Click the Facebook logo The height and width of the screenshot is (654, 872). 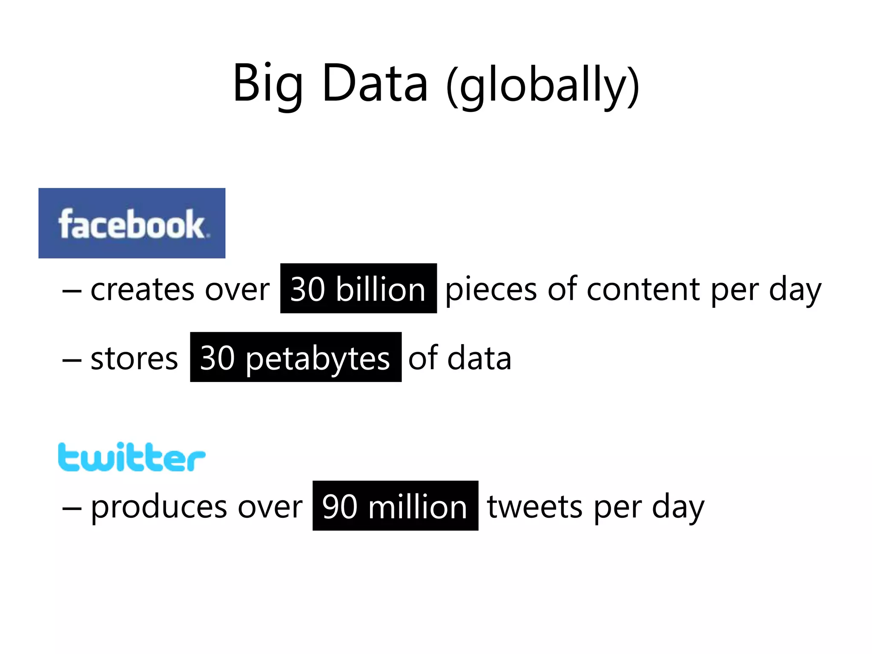pos(132,223)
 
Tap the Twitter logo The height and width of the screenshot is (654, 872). pos(132,457)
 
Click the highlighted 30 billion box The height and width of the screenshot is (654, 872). pos(358,289)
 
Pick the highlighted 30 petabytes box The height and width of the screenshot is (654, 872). pos(295,357)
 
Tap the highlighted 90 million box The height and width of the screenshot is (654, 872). pos(395,506)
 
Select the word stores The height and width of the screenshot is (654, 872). pos(134,359)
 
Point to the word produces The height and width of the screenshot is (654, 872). pos(159,508)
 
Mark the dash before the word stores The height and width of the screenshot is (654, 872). pos(72,360)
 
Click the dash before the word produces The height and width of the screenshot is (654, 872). pos(72,509)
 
